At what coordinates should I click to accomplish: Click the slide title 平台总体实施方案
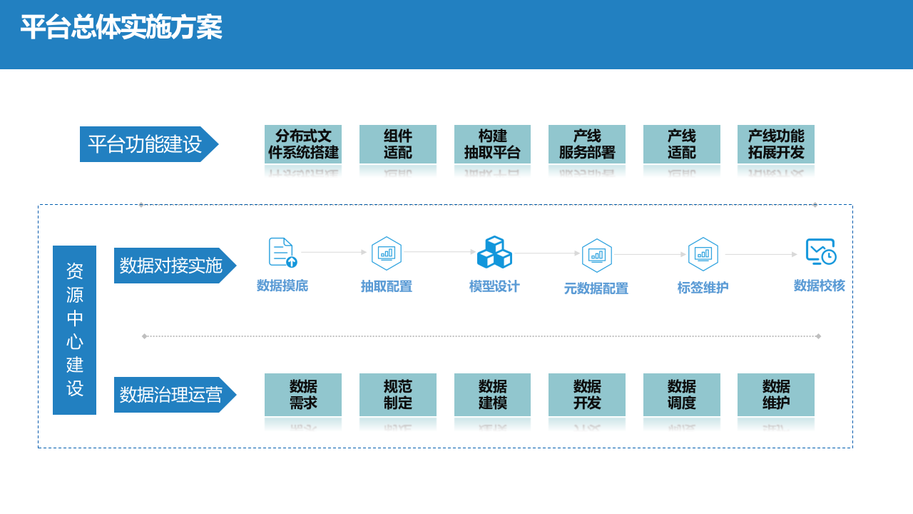pyautogui.click(x=121, y=29)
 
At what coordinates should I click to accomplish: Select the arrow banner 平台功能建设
pyautogui.click(x=146, y=144)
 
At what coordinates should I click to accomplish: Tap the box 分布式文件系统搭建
pyautogui.click(x=303, y=144)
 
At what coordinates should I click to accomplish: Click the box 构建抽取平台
pyautogui.click(x=492, y=144)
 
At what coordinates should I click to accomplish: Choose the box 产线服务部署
pyautogui.click(x=587, y=144)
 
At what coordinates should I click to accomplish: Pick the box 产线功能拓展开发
pyautogui.click(x=776, y=144)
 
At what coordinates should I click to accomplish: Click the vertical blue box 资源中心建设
pyautogui.click(x=74, y=330)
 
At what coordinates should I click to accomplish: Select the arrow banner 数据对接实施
pyautogui.click(x=172, y=266)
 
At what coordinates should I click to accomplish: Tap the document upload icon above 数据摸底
pyautogui.click(x=282, y=252)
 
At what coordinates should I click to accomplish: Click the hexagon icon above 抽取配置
pyautogui.click(x=387, y=253)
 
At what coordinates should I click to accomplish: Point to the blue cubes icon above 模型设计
pyautogui.click(x=494, y=252)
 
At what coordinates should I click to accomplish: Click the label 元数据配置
pyautogui.click(x=596, y=288)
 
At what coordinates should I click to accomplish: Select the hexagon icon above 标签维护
pyautogui.click(x=703, y=254)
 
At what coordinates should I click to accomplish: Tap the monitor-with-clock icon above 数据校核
pyautogui.click(x=820, y=252)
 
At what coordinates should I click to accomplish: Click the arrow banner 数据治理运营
pyautogui.click(x=172, y=395)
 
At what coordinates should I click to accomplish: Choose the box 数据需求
pyautogui.click(x=303, y=395)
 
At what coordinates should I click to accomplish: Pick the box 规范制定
pyautogui.click(x=398, y=395)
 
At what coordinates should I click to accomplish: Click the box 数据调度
pyautogui.click(x=682, y=395)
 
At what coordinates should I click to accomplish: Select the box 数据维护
pyautogui.click(x=776, y=395)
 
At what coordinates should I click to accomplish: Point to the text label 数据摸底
pyautogui.click(x=282, y=286)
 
